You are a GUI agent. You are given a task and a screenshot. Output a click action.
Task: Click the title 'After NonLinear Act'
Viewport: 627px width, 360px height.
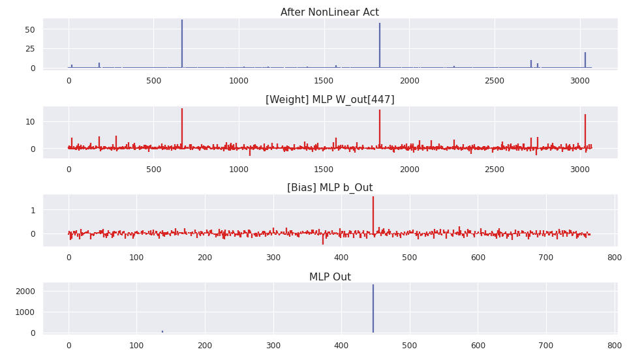pyautogui.click(x=329, y=12)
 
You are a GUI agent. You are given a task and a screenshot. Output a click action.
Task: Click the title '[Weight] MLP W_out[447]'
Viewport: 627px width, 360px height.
pyautogui.click(x=329, y=100)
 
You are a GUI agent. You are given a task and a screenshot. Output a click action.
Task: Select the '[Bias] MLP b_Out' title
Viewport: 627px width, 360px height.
pyautogui.click(x=329, y=188)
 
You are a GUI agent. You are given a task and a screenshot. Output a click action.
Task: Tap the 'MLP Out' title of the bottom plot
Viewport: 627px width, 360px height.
pyautogui.click(x=329, y=277)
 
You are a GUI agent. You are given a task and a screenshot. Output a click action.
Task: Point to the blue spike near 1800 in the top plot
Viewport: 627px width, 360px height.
pyautogui.click(x=380, y=46)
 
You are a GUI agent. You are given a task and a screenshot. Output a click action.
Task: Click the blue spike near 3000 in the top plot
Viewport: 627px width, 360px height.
pyautogui.click(x=585, y=60)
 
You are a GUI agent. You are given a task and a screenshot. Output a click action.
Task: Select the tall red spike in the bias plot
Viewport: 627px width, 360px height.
pyautogui.click(x=373, y=215)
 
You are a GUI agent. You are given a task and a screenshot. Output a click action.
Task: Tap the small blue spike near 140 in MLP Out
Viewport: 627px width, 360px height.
pyautogui.click(x=162, y=331)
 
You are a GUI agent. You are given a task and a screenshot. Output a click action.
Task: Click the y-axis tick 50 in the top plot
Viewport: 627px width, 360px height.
pyautogui.click(x=30, y=29)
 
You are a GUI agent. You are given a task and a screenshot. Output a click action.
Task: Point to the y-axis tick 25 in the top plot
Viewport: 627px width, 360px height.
pyautogui.click(x=30, y=49)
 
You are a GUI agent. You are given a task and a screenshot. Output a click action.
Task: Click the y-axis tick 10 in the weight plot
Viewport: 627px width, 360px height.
pyautogui.click(x=30, y=122)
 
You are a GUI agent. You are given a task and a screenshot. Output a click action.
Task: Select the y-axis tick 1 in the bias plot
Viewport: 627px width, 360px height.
pyautogui.click(x=32, y=211)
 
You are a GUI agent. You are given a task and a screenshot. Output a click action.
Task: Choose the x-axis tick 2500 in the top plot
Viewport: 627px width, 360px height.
pyautogui.click(x=495, y=81)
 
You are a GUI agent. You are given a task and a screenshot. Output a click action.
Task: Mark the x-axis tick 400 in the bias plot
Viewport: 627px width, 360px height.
pyautogui.click(x=341, y=258)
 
